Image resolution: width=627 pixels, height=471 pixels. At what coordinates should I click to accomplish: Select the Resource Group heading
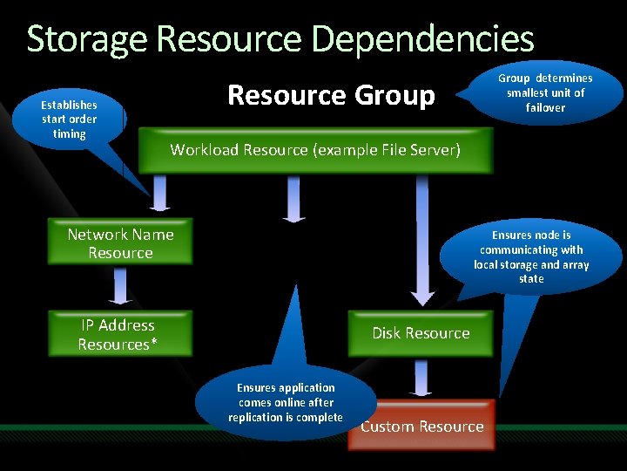[331, 94]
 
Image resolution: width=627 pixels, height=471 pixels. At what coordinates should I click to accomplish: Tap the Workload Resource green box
[315, 150]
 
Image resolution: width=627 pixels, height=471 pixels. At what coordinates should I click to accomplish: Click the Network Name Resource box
[120, 243]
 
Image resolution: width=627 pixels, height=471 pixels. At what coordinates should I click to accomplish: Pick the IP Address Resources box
[118, 335]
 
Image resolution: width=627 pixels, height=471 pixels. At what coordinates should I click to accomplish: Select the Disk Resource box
[421, 333]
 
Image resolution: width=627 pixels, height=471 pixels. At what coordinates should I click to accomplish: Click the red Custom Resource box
[421, 427]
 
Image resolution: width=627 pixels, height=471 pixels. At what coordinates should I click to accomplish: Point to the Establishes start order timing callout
[70, 119]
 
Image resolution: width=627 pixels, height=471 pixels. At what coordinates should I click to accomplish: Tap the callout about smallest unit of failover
[545, 93]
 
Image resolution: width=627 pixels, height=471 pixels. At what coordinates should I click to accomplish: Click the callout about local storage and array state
[531, 256]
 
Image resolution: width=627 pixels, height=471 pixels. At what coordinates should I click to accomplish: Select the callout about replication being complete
[286, 403]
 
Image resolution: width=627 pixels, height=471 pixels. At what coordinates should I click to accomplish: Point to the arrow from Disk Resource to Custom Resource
[422, 379]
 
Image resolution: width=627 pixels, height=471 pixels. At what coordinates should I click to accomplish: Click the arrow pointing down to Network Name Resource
[159, 194]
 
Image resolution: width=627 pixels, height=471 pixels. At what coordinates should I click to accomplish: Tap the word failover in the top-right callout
[545, 108]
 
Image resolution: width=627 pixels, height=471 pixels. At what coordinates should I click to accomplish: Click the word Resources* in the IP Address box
[118, 345]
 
